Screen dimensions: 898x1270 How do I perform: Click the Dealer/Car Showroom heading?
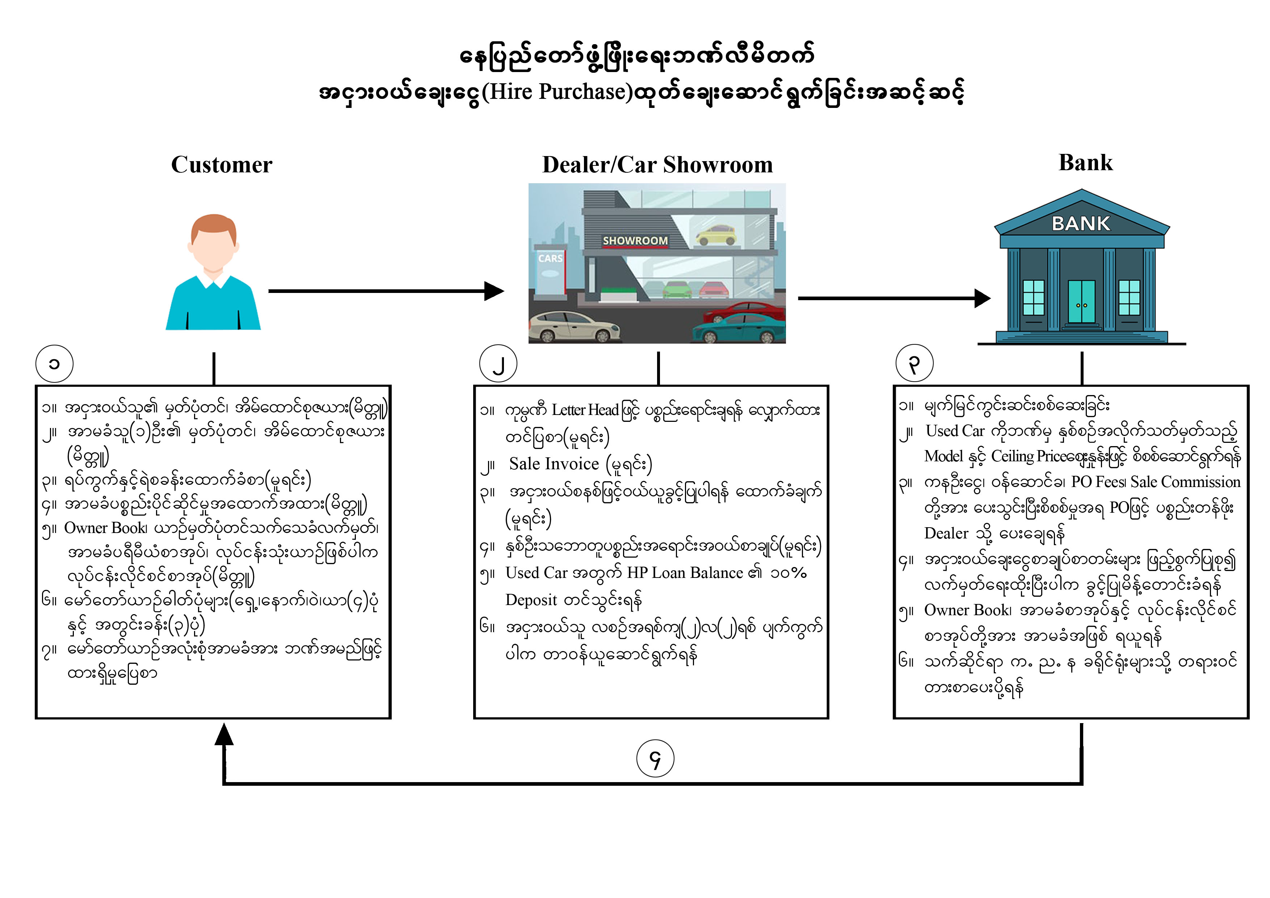click(657, 165)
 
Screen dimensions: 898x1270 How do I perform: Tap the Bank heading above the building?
click(1085, 163)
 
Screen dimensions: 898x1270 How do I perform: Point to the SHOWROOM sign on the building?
click(635, 241)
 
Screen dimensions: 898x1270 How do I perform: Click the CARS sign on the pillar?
click(550, 259)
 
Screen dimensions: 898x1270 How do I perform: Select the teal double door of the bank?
click(1081, 302)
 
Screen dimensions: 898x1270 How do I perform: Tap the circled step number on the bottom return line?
click(655, 759)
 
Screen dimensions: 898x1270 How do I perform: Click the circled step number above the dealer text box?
click(499, 364)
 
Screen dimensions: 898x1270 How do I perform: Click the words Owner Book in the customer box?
click(105, 528)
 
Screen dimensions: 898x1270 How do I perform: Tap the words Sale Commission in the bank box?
click(1185, 482)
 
